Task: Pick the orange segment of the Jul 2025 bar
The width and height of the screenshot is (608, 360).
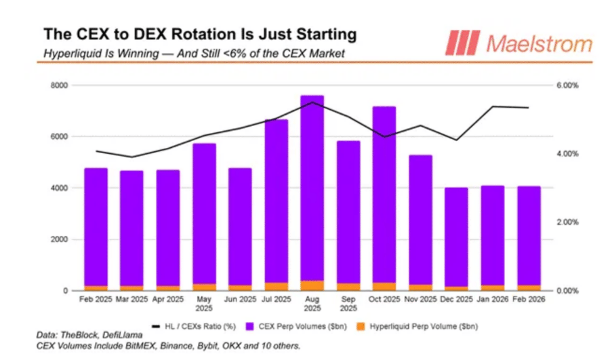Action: click(x=276, y=286)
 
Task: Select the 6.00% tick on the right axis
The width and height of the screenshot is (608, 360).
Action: click(x=567, y=85)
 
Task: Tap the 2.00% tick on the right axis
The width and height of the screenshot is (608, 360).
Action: click(x=567, y=222)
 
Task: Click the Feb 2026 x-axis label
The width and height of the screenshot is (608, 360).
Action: click(x=528, y=299)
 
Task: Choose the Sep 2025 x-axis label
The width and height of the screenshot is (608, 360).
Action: click(x=348, y=303)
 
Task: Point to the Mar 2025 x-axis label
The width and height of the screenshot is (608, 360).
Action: click(x=131, y=299)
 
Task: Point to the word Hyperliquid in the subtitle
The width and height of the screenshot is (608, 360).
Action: click(x=67, y=52)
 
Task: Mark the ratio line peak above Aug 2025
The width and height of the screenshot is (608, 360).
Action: click(x=312, y=102)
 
